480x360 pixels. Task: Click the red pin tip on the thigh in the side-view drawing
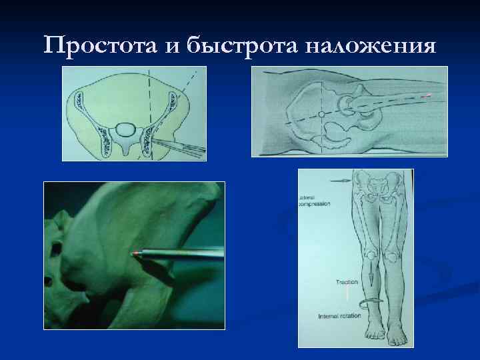pos(428,96)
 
